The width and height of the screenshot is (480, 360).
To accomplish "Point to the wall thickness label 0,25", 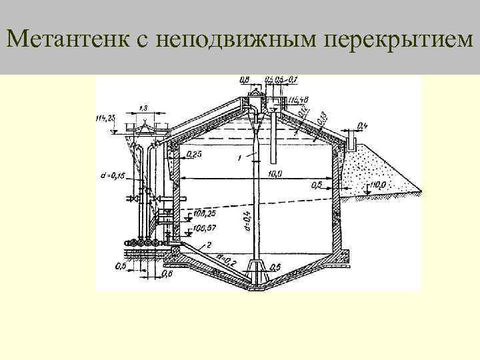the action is coord(195,154).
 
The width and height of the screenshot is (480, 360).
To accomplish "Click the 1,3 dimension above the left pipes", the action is coord(144,107).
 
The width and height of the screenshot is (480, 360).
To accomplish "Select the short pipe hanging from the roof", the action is coord(274,143).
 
